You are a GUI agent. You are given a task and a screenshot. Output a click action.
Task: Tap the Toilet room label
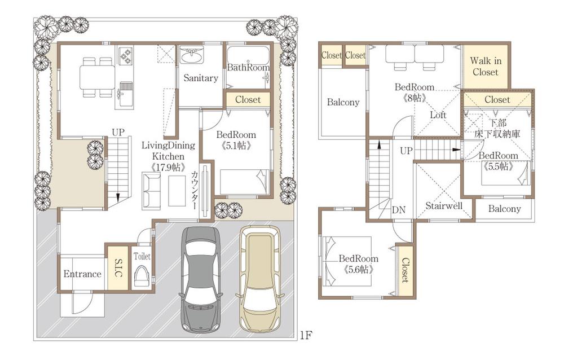(x=142, y=256)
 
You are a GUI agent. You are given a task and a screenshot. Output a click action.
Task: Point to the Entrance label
(x=82, y=274)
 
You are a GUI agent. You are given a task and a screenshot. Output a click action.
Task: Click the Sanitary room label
(x=200, y=78)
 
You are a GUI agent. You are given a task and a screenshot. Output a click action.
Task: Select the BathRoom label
(x=248, y=68)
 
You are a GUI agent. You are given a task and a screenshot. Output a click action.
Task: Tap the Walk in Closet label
(x=486, y=66)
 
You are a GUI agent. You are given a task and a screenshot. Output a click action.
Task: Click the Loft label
(x=438, y=115)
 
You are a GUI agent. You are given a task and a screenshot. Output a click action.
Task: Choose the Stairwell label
(x=444, y=205)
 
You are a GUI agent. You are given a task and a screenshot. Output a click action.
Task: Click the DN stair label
(x=399, y=210)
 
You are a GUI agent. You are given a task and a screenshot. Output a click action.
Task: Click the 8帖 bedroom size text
(x=415, y=98)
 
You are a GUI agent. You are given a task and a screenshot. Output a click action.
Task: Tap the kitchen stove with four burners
(x=125, y=55)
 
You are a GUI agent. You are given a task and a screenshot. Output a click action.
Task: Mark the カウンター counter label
(x=195, y=190)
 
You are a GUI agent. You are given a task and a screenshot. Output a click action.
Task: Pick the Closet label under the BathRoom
(x=248, y=99)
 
